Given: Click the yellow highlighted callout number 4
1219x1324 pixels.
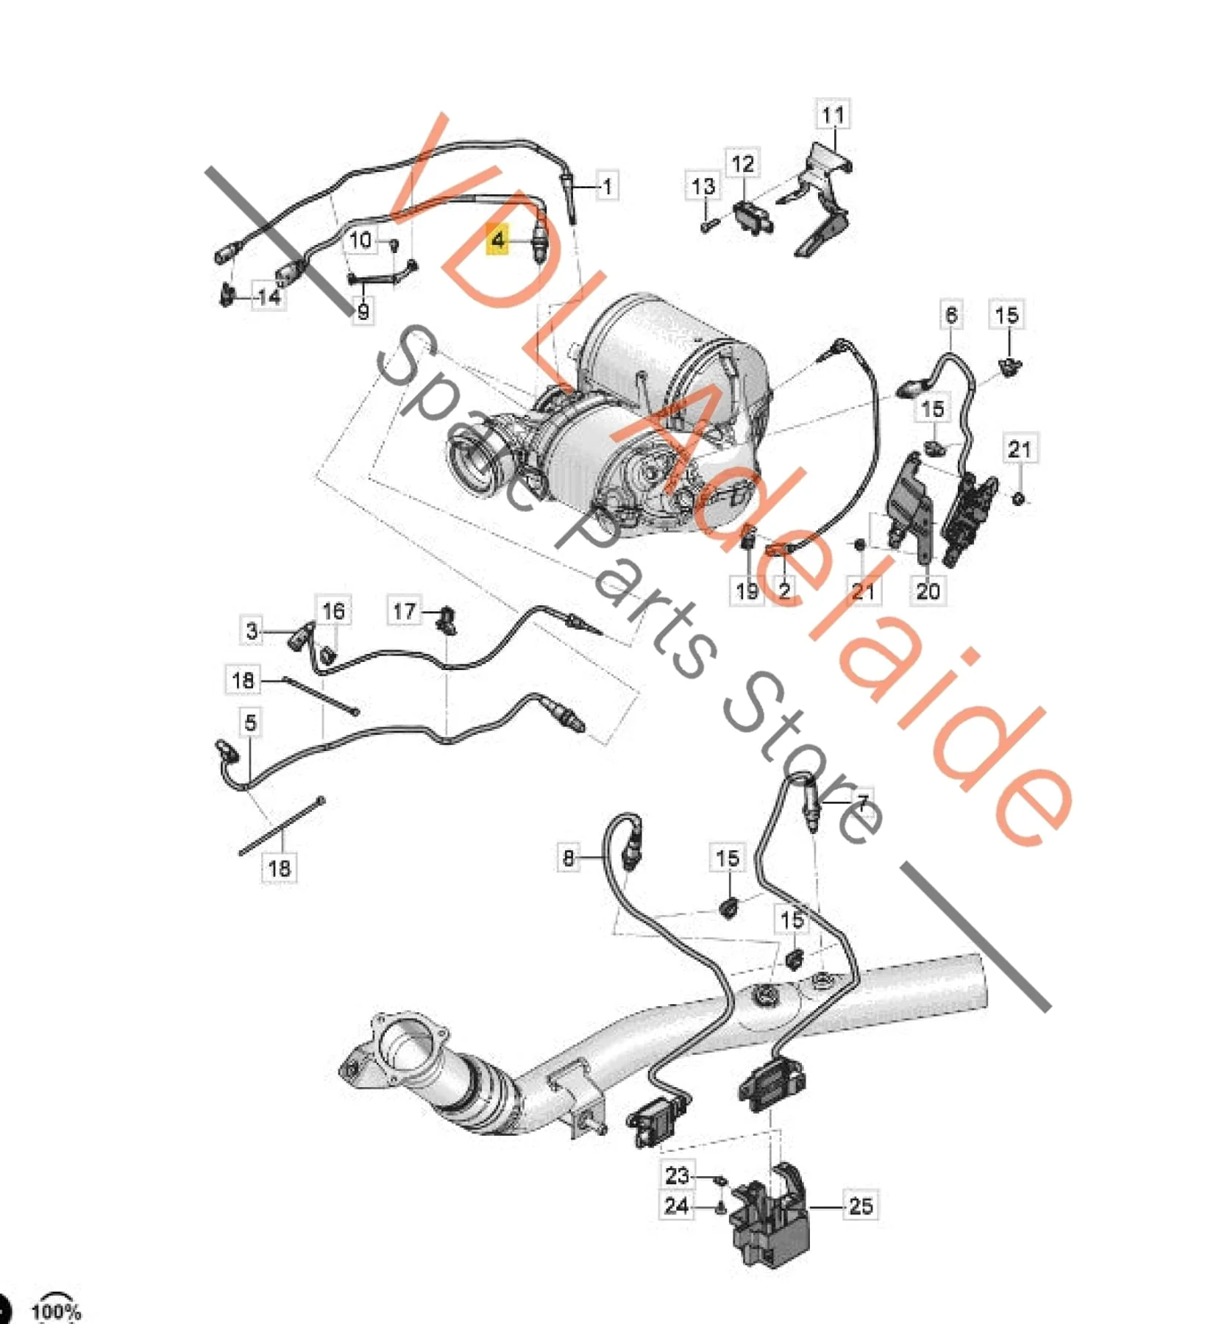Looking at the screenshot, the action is pyautogui.click(x=499, y=239).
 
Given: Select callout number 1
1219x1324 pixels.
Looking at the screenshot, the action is pyautogui.click(x=606, y=186).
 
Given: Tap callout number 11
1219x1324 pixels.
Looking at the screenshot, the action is pyautogui.click(x=833, y=115).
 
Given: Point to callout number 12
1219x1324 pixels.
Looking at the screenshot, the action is pyautogui.click(x=742, y=163).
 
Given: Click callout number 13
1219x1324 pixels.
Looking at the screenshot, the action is pyautogui.click(x=703, y=186).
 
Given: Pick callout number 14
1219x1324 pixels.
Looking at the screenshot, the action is pyautogui.click(x=269, y=296).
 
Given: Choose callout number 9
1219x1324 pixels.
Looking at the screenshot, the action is pyautogui.click(x=363, y=311).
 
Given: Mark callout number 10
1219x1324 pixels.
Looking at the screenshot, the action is pyautogui.click(x=360, y=240).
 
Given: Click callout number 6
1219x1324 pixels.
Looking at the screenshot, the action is pyautogui.click(x=950, y=315).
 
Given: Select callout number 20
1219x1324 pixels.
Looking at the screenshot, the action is pyautogui.click(x=928, y=590).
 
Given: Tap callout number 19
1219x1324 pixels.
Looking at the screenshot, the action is pyautogui.click(x=746, y=590).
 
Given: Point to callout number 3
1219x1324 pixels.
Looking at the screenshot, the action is pyautogui.click(x=252, y=630).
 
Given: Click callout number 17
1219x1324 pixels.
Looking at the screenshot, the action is pyautogui.click(x=404, y=611).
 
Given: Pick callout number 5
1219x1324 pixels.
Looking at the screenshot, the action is pyautogui.click(x=250, y=722).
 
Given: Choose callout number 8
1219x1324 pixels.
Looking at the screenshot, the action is pyautogui.click(x=568, y=858).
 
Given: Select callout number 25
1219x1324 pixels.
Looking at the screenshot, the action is pyautogui.click(x=860, y=1206).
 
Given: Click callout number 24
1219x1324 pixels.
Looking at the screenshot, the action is pyautogui.click(x=676, y=1206).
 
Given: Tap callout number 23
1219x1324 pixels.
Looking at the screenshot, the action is pyautogui.click(x=676, y=1175).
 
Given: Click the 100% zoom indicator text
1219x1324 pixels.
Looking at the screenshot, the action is pyautogui.click(x=56, y=1311).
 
